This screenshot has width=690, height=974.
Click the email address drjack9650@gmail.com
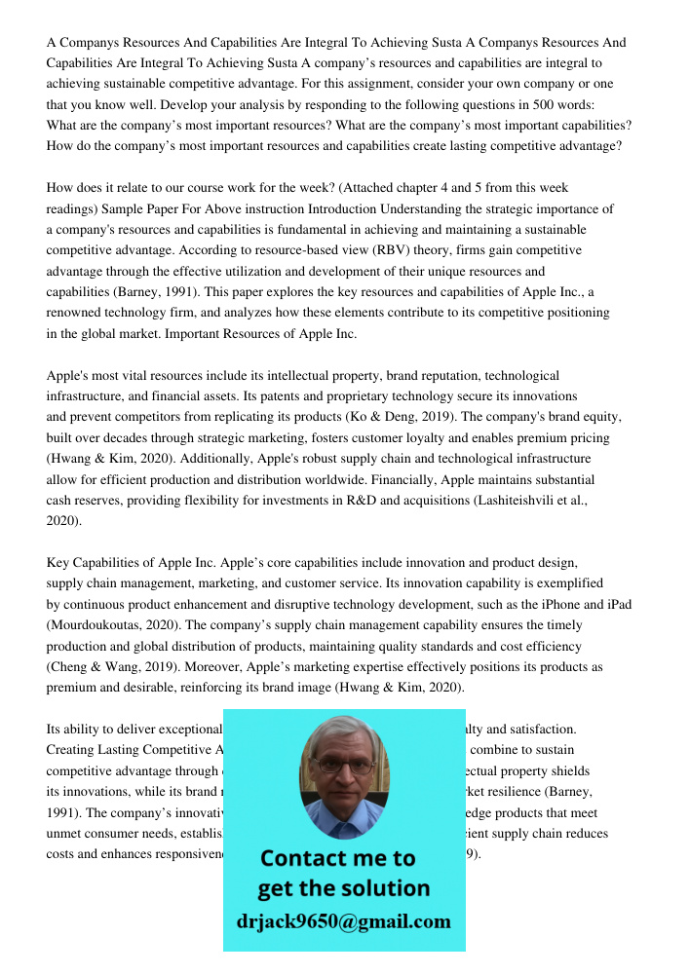tap(344, 921)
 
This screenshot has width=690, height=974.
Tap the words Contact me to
tap(337, 858)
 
